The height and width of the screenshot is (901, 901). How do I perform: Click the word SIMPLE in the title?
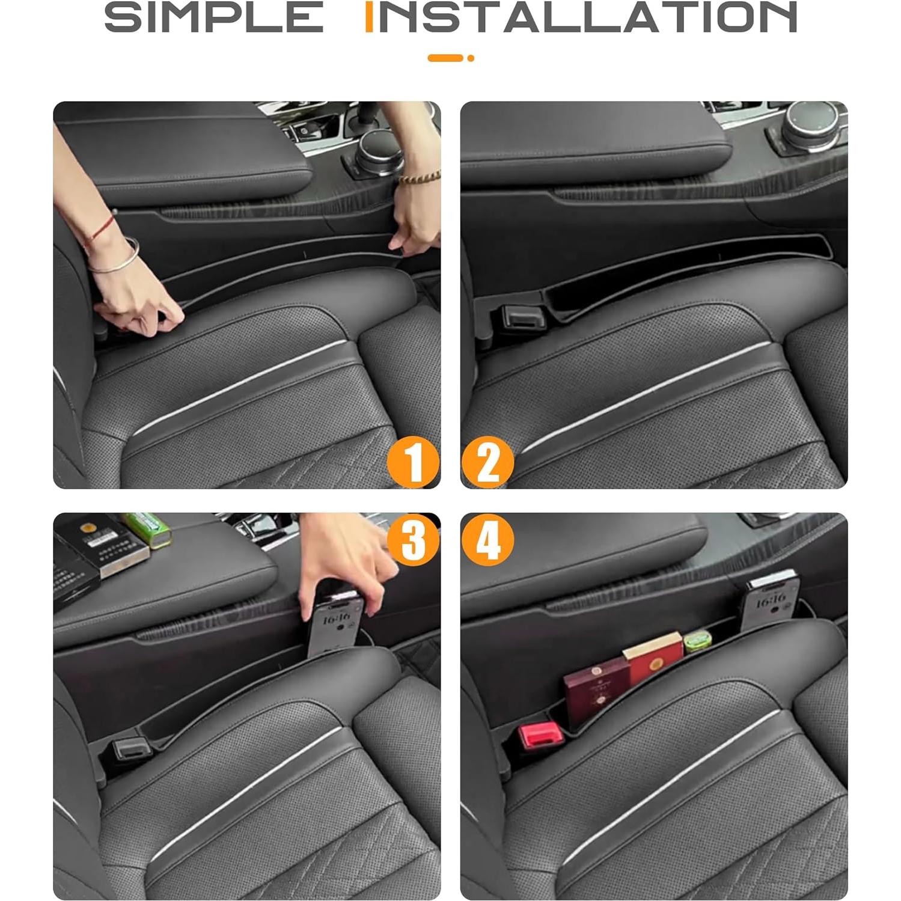[213, 17]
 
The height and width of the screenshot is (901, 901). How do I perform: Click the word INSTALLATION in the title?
[581, 17]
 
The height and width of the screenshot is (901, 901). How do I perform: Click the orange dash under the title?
[445, 58]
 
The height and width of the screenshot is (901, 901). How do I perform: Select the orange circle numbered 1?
[413, 462]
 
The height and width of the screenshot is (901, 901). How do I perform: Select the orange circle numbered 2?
[487, 462]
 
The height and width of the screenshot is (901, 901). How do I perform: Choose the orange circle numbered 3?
[413, 539]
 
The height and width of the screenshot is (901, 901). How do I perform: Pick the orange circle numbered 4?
[487, 539]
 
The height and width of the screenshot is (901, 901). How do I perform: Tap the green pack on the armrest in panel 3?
[147, 530]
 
